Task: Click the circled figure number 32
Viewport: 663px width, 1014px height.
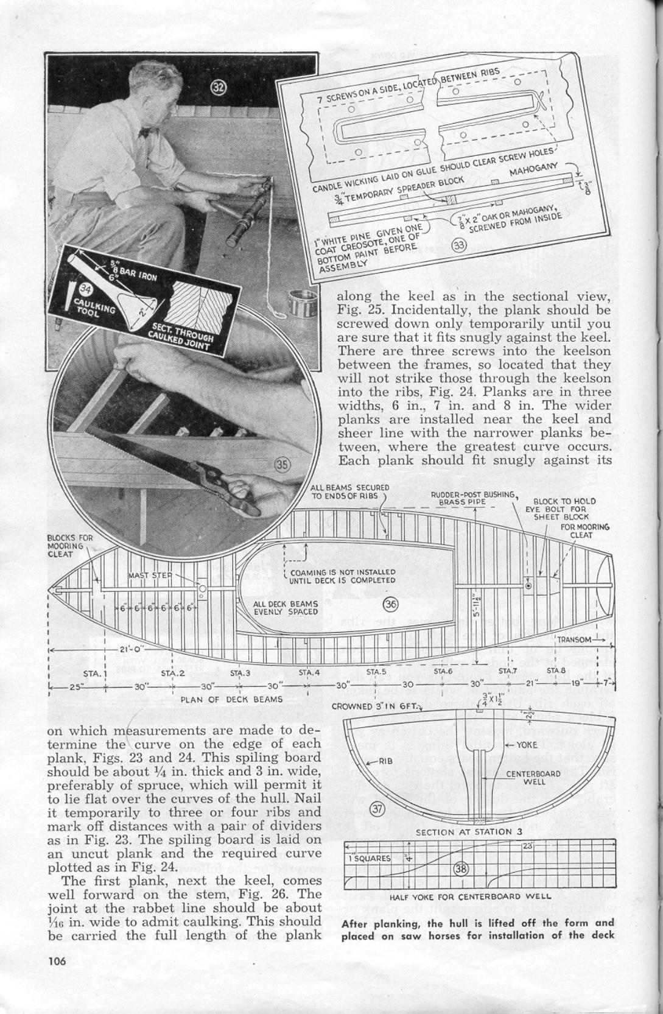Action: point(219,87)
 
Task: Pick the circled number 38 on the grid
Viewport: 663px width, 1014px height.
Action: point(461,869)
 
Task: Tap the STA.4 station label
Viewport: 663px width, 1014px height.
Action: point(309,672)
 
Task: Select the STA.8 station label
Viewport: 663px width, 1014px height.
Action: point(556,671)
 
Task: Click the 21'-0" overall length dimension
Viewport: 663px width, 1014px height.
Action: point(131,649)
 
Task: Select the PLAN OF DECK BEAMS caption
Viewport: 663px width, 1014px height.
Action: point(231,699)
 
